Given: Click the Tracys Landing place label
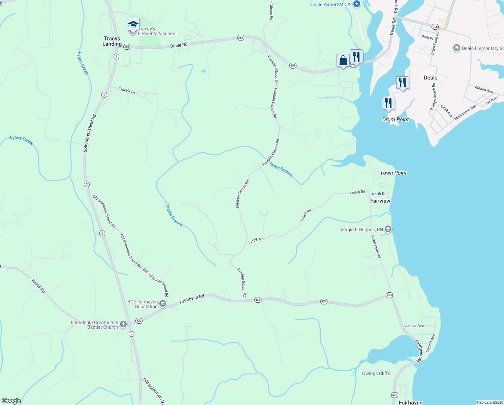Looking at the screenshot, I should (112, 41).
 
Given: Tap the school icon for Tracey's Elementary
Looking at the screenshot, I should (133, 25).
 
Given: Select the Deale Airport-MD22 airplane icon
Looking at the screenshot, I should (357, 4).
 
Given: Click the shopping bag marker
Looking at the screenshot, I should (343, 61).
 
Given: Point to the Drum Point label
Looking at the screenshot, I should (396, 119).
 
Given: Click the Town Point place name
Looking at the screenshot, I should (393, 173).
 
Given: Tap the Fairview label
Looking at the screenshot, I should (380, 201).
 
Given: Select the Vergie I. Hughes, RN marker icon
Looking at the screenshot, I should (388, 230).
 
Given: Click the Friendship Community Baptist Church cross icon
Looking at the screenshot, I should (123, 324).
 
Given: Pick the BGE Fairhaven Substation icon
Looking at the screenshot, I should (163, 304).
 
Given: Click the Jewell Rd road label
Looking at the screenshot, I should (38, 285).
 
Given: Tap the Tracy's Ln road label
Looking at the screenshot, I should (127, 90).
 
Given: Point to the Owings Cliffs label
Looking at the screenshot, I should (376, 373).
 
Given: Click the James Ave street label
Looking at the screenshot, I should (414, 326).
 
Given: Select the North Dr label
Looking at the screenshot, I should (379, 194).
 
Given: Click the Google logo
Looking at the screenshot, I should (11, 401).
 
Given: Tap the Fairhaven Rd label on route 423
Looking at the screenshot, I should (192, 299).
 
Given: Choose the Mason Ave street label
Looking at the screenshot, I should (484, 89).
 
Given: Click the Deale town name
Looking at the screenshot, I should (430, 78).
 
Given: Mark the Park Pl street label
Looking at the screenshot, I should (427, 37).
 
